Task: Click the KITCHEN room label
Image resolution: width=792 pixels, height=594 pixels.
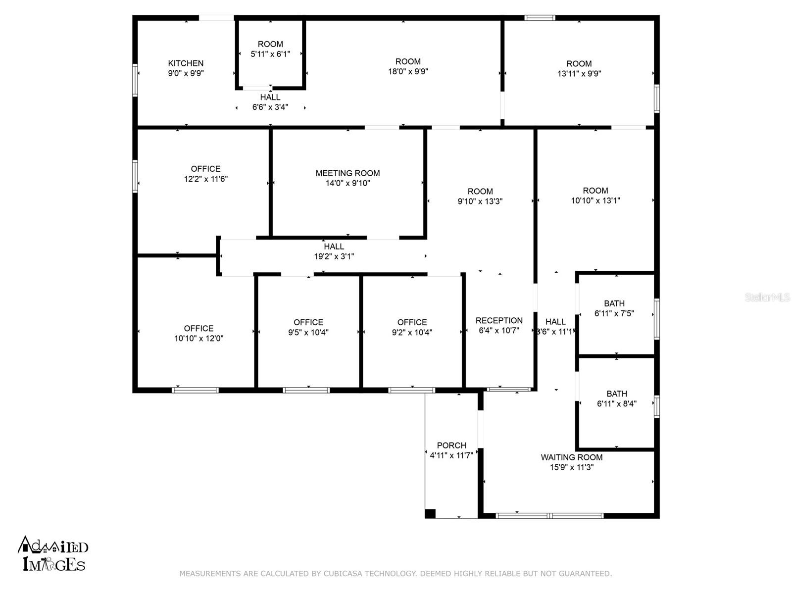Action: coord(186,63)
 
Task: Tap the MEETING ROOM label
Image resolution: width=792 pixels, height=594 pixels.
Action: coord(347,173)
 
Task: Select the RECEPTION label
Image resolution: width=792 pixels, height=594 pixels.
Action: coord(498,320)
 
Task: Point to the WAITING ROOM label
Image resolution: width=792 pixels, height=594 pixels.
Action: coord(572,457)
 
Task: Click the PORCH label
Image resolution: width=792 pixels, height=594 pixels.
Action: coord(451,445)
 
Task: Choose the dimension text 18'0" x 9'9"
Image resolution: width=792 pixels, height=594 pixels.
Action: coord(408,71)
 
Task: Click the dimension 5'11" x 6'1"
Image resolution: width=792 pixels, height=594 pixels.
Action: coord(270,54)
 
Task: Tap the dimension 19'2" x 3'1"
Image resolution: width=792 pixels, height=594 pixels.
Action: coord(334,256)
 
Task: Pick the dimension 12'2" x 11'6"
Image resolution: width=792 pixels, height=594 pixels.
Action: coord(205,179)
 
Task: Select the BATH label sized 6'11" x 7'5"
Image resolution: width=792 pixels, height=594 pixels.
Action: coord(614,303)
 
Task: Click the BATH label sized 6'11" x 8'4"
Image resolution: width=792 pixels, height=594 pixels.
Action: coord(617,394)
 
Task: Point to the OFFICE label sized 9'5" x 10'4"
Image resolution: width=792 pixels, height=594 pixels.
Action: coord(308,322)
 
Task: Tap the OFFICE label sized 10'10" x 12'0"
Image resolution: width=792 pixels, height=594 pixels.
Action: coord(198,328)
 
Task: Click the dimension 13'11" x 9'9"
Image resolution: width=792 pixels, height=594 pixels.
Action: coord(579,74)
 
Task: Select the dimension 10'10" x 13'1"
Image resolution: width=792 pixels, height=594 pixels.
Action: coord(595,200)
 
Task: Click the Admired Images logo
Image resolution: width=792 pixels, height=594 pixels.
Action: coord(52,553)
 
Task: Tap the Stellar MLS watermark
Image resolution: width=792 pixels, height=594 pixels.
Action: coord(767,297)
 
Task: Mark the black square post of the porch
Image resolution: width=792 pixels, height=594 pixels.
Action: coord(430,514)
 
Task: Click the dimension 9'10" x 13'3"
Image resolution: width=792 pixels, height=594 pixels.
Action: coord(480,201)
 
